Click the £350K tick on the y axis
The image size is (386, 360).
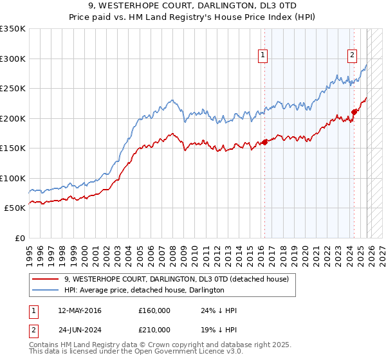[13, 29]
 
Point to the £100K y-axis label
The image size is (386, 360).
[13, 178]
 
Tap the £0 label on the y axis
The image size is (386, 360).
[20, 238]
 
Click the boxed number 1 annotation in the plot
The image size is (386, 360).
[264, 56]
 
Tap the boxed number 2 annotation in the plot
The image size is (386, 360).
[353, 56]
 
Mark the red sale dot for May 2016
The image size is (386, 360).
[264, 143]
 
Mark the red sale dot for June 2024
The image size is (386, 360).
[354, 113]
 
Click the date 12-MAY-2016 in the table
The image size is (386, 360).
[80, 310]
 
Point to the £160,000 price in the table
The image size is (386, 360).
[154, 310]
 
